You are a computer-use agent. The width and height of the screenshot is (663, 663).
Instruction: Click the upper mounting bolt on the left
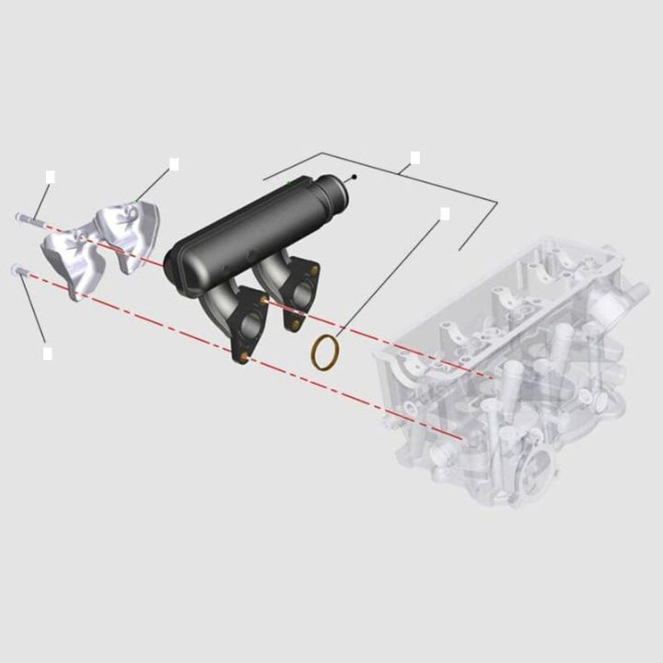(27, 220)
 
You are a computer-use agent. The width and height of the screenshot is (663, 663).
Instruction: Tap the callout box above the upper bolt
(51, 176)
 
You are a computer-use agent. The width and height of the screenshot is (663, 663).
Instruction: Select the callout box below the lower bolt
(48, 353)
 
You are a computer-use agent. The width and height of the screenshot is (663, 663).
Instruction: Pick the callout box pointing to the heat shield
(174, 164)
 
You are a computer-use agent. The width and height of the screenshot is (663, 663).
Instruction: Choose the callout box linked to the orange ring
(445, 214)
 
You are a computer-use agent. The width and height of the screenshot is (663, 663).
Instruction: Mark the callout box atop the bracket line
(415, 157)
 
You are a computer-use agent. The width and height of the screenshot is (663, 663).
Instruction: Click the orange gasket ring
(323, 354)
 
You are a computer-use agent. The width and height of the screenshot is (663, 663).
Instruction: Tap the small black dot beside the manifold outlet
(355, 177)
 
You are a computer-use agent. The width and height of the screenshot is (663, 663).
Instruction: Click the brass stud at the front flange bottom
(243, 355)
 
